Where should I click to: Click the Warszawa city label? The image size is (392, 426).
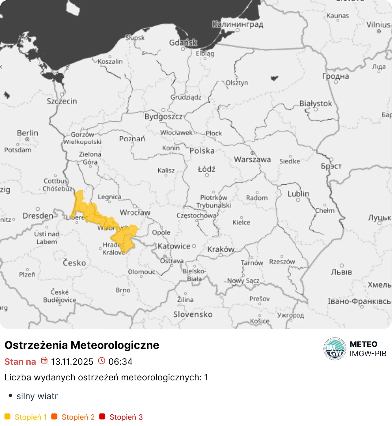[252, 160]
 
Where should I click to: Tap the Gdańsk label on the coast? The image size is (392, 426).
[183, 43]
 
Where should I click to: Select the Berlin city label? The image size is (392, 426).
[28, 133]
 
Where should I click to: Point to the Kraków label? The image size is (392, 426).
[221, 249]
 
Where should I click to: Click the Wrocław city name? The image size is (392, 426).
[135, 213]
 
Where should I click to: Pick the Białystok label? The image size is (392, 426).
[315, 104]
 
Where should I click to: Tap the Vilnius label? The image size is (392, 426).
[379, 25]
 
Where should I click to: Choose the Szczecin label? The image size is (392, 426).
[62, 101]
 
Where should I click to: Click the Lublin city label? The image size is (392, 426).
[298, 194]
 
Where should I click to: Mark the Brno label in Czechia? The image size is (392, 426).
[123, 290]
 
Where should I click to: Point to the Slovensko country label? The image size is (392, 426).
[193, 315]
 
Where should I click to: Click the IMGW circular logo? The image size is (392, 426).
[335, 349]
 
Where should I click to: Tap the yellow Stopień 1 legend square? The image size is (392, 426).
[7, 417]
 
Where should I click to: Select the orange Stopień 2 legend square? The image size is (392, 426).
[54, 417]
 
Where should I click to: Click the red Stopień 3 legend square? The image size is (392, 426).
[102, 417]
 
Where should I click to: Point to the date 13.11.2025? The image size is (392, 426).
[72, 362]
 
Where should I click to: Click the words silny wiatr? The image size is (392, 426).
[37, 396]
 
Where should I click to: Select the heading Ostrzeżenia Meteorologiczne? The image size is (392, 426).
[82, 345]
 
